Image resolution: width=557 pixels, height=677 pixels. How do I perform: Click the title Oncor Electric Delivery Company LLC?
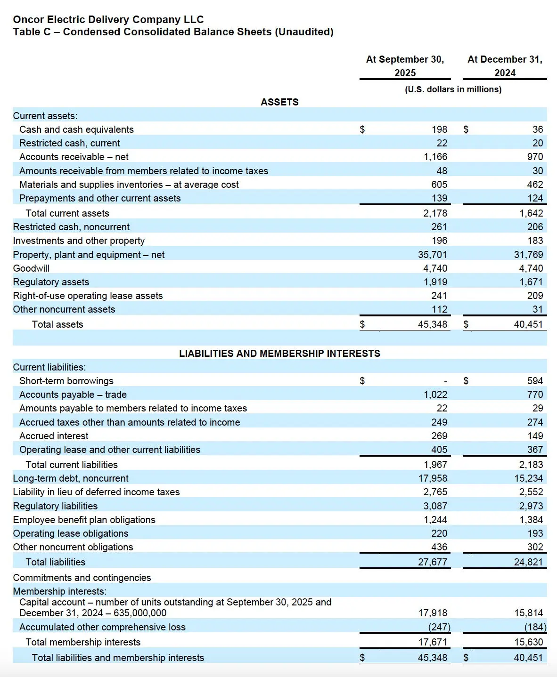(x=108, y=19)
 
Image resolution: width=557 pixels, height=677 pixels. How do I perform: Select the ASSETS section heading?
(x=279, y=102)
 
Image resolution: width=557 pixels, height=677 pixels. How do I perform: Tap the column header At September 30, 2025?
(x=405, y=66)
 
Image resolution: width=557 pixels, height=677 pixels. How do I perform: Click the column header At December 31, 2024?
(x=505, y=66)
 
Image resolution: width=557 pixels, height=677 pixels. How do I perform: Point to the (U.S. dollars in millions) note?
(x=453, y=89)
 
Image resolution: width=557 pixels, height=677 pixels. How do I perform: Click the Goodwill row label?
(x=31, y=268)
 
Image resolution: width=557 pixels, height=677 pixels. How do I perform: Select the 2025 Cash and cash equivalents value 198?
(x=439, y=129)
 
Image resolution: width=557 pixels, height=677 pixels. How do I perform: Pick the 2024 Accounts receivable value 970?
(x=535, y=157)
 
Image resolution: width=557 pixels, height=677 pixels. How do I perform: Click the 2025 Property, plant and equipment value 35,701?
(x=432, y=255)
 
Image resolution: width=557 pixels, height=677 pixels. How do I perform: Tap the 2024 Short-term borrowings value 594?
(x=535, y=381)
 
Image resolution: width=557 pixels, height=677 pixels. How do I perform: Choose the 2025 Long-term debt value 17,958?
(x=432, y=478)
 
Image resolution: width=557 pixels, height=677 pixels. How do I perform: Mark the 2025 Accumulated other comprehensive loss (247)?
(x=439, y=627)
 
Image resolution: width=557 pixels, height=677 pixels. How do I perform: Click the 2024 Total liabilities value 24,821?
(x=528, y=562)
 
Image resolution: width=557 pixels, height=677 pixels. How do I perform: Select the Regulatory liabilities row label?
(x=55, y=506)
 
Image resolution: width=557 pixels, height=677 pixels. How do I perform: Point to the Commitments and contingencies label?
(x=82, y=578)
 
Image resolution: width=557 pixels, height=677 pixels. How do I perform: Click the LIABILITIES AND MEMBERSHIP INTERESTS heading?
(x=279, y=354)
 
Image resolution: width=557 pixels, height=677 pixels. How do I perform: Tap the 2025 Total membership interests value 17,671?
(x=432, y=642)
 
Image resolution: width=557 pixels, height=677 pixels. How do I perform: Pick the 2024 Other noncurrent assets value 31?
(x=538, y=309)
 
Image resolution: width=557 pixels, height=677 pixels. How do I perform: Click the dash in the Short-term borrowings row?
(x=445, y=381)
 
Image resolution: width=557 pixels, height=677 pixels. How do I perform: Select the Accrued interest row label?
(x=54, y=436)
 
